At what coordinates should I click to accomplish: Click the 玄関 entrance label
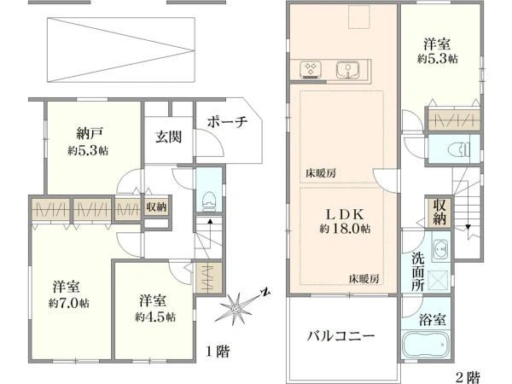168,137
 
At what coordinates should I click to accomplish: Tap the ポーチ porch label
228,122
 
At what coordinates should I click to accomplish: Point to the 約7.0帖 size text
68,303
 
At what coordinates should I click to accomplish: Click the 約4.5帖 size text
155,317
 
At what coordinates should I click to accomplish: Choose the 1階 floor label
218,352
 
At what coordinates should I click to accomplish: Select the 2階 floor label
468,377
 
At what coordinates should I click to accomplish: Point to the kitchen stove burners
311,70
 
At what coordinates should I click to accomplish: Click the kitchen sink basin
348,70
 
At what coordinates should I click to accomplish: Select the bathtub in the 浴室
426,346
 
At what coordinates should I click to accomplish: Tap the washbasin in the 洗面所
440,248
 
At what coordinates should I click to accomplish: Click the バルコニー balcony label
340,335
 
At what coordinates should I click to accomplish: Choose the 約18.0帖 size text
345,228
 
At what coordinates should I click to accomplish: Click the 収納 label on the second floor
439,212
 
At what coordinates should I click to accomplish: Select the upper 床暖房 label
320,173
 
